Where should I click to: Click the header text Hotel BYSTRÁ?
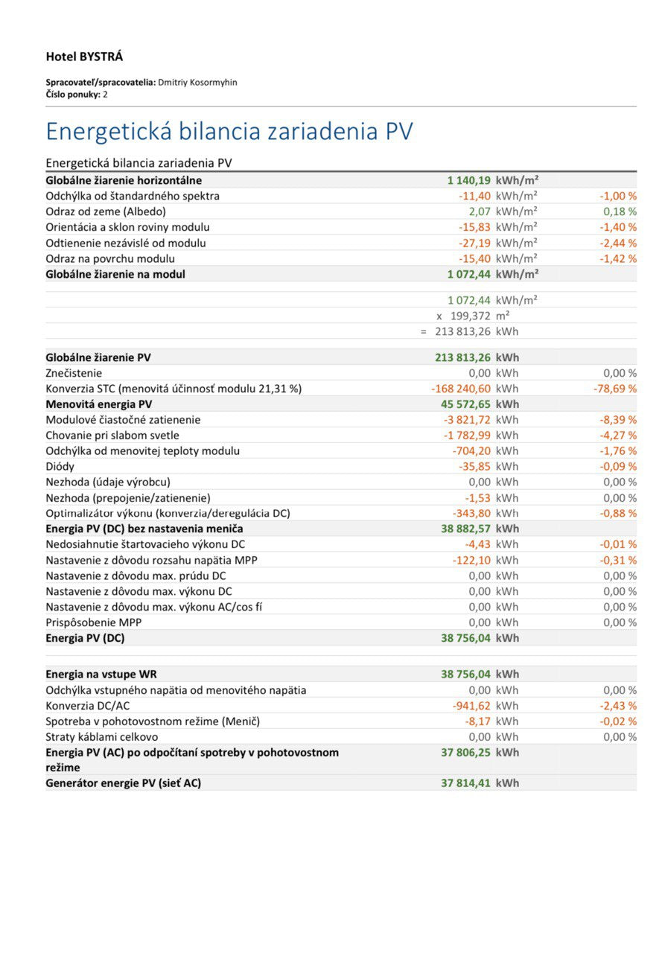coord(84,57)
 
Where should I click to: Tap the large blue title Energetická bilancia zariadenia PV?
coord(229,131)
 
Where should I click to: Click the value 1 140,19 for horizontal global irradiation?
coord(468,180)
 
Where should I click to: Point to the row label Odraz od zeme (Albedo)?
coord(106,211)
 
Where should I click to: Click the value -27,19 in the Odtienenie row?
coord(474,243)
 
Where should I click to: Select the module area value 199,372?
coord(470,316)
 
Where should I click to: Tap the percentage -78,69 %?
coord(617,389)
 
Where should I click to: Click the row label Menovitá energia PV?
coord(99,404)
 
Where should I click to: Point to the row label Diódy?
coord(60,467)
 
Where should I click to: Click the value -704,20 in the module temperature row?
coord(471,451)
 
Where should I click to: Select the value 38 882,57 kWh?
coord(480,529)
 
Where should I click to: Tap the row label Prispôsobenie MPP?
coord(94,622)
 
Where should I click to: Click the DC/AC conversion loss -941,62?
coord(471,706)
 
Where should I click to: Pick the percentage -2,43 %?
coord(618,706)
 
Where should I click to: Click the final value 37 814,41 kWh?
coord(480,783)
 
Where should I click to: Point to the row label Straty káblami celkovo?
coord(102,737)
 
